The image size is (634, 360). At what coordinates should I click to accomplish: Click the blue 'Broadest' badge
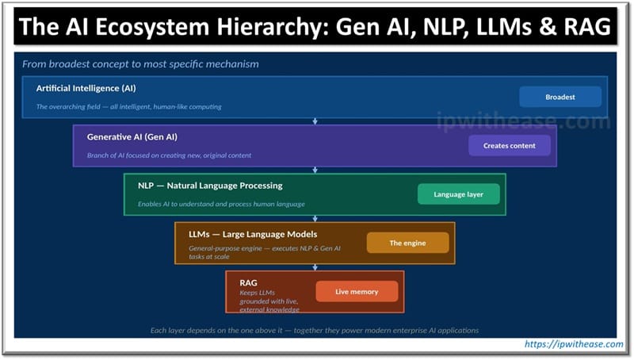point(560,97)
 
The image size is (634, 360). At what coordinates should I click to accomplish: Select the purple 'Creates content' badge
point(510,146)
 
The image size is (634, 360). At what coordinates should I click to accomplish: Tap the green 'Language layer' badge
point(459,194)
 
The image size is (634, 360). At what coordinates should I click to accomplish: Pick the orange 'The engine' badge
point(407,243)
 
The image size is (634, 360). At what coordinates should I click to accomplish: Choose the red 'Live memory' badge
point(357,292)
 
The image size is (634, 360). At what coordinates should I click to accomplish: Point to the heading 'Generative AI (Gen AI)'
point(132,136)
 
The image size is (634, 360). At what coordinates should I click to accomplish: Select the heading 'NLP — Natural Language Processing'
point(210,186)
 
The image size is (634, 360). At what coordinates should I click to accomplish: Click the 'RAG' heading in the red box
point(248,282)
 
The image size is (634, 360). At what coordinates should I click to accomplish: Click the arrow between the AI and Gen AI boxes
point(315,121)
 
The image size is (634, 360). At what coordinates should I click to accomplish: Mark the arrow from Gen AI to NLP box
point(315,169)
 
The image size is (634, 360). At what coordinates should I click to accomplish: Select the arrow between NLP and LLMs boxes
point(315,218)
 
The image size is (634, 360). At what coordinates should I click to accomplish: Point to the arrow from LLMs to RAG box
point(315,266)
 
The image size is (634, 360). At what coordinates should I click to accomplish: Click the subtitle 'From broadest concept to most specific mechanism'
point(140,63)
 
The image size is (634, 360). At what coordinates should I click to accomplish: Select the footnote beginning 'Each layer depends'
point(315,330)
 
